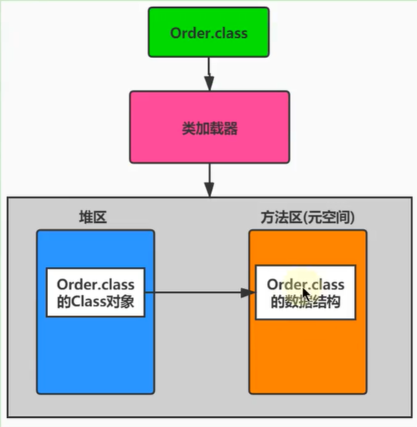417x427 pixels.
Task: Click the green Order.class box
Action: click(209, 32)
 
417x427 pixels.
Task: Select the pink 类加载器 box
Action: click(209, 127)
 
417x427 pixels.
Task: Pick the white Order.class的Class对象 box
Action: click(95, 292)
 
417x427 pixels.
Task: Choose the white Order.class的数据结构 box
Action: click(306, 292)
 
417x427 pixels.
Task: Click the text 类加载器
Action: click(209, 127)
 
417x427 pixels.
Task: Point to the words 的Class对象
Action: click(95, 302)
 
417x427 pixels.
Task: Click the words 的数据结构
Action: click(306, 302)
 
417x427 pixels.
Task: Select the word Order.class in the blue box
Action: click(95, 285)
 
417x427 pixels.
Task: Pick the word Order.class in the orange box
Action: click(306, 285)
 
